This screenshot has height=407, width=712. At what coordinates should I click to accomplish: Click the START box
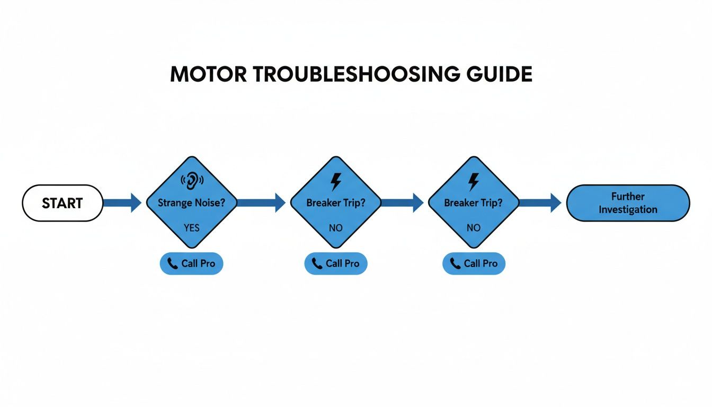click(x=62, y=203)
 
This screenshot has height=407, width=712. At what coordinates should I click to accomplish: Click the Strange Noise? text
click(x=191, y=202)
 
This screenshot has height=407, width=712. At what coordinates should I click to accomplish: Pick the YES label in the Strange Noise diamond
click(x=191, y=227)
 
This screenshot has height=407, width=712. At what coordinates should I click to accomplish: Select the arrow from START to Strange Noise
click(x=122, y=202)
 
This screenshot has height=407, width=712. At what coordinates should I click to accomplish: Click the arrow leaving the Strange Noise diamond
click(x=260, y=202)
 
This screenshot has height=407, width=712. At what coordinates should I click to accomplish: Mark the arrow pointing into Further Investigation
click(x=539, y=202)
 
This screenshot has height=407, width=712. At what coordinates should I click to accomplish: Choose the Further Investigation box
click(x=628, y=203)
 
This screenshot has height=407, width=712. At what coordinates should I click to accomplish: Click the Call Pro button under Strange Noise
click(x=191, y=263)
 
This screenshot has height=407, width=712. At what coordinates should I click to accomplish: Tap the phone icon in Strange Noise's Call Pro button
click(x=173, y=263)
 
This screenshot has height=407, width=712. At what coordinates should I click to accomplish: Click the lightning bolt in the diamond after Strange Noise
click(x=335, y=181)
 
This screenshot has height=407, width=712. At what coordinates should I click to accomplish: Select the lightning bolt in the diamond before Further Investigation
click(x=473, y=181)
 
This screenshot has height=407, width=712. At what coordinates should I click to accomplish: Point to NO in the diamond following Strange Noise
click(x=335, y=227)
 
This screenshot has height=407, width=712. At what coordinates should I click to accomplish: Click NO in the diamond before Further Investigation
click(x=473, y=227)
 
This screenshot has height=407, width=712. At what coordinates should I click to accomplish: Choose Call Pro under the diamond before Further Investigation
click(x=474, y=263)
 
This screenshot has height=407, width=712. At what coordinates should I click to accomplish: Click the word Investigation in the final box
click(x=628, y=209)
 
